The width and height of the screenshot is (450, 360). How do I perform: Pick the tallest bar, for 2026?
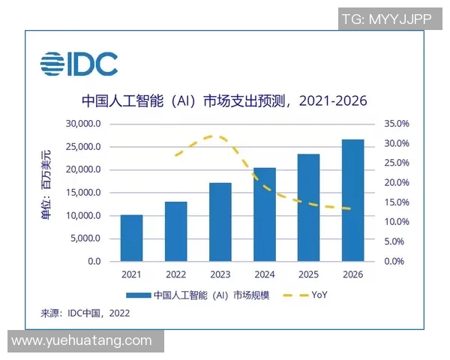pos(352,200)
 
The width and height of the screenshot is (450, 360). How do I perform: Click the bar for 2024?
pos(264,214)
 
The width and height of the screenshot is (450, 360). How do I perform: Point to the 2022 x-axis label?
pos(175,274)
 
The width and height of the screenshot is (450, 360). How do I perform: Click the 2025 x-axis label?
pos(308,274)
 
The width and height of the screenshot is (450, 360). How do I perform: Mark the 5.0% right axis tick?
pos(402,241)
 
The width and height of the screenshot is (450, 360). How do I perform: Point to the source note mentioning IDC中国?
pos(85,313)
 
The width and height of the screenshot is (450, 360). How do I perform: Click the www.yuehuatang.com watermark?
pos(82,341)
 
